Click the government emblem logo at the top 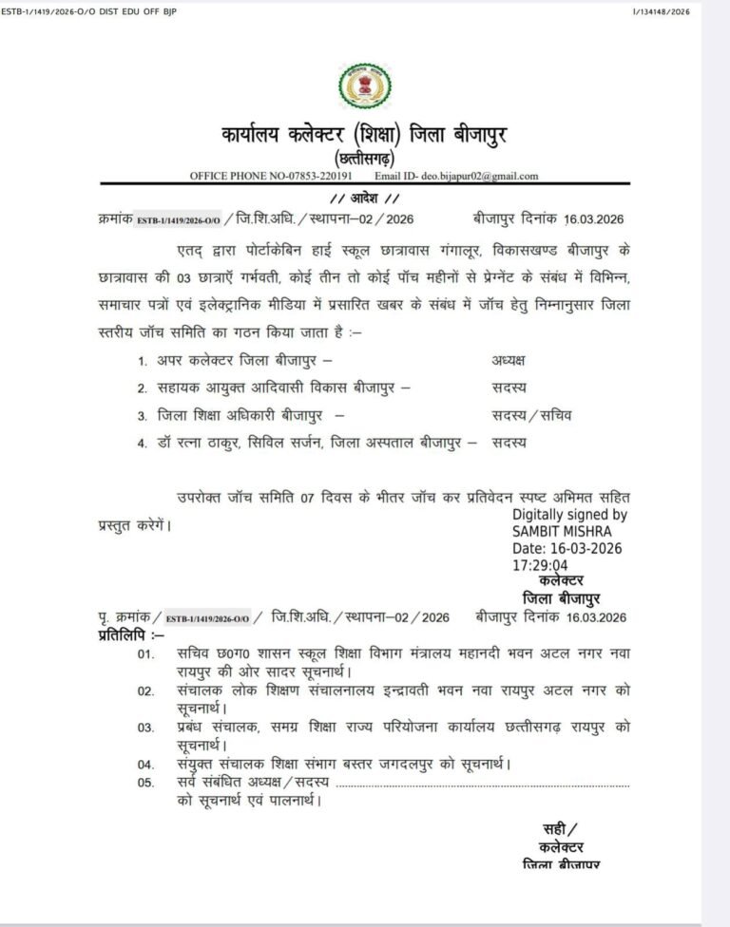click(x=364, y=85)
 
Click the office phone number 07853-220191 click(x=320, y=176)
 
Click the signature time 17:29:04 click(x=541, y=564)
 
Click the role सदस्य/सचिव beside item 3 click(x=532, y=415)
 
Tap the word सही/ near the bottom click(x=560, y=828)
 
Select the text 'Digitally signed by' click(x=569, y=514)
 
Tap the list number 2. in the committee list click(x=142, y=388)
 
